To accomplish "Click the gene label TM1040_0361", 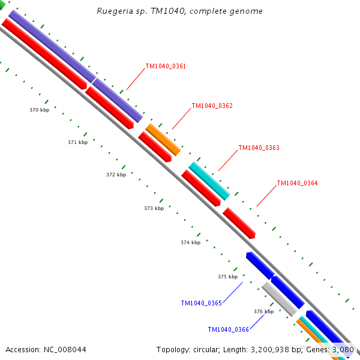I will [x=166, y=66].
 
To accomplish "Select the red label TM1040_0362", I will [x=212, y=106].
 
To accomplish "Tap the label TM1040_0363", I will [x=259, y=148].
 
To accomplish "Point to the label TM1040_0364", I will [x=297, y=183].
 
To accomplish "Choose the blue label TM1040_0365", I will [x=202, y=303].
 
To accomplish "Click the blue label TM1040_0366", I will [x=228, y=329].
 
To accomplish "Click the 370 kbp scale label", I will [x=39, y=110].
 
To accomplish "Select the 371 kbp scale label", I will [x=77, y=142].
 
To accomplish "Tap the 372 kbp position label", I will [x=116, y=175].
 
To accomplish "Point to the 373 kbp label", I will [x=154, y=208].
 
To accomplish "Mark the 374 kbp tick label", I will [x=190, y=242].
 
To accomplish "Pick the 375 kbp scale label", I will [x=227, y=277].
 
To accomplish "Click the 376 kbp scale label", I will [x=263, y=311].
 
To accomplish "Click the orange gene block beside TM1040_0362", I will [x=163, y=139].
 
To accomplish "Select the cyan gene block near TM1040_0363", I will [x=209, y=180].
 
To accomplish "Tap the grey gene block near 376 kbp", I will [x=279, y=298].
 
